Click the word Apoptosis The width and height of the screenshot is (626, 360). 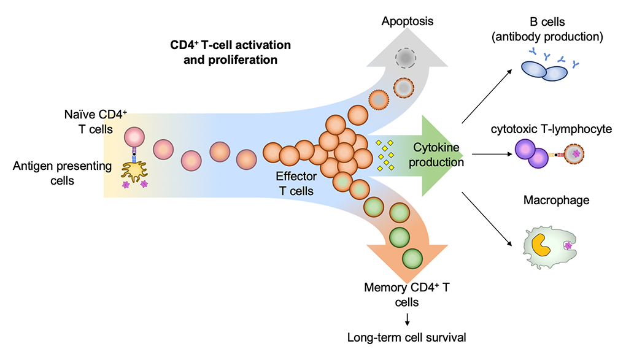[x=408, y=21]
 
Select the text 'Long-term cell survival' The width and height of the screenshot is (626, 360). [x=406, y=337]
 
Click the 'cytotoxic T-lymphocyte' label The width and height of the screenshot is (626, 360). [x=551, y=129]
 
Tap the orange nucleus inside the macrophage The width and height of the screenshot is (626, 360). [x=540, y=243]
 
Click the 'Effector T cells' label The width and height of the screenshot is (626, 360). [x=296, y=183]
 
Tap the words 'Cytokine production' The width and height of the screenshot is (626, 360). [x=438, y=155]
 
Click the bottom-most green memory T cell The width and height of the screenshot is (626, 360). [x=412, y=258]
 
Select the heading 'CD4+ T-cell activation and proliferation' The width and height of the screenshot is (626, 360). [x=231, y=53]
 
